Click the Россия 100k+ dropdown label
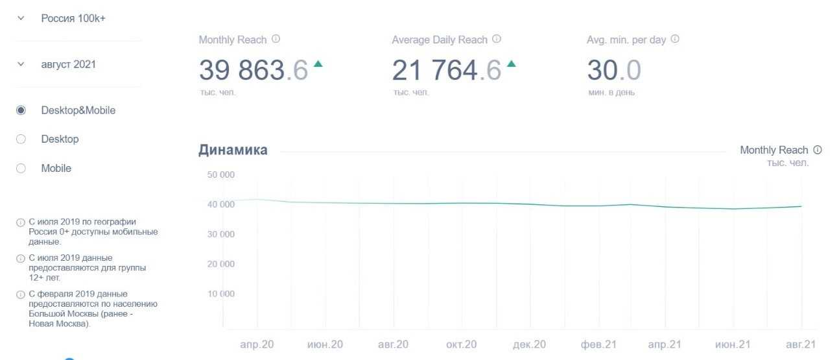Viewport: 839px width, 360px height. coord(73,18)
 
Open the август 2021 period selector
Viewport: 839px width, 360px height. coord(68,64)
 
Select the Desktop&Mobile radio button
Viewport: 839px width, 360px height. coord(21,110)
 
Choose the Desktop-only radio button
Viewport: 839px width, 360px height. coord(21,139)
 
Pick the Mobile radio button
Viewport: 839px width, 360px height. coord(21,168)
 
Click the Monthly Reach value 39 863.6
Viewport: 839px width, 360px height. coord(253,70)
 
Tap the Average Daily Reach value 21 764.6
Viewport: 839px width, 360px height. coord(446,70)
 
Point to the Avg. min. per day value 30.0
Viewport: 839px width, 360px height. coord(613,70)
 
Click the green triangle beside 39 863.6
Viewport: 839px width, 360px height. coord(318,64)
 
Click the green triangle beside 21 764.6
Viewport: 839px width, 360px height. coord(511,64)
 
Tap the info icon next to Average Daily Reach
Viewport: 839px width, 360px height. coord(497,39)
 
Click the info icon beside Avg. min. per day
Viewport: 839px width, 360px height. coord(675,39)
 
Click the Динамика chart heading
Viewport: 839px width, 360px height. coord(233,150)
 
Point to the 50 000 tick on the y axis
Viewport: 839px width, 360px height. coord(221,174)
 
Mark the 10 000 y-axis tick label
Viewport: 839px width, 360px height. coord(221,294)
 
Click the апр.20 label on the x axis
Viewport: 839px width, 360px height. coord(257,344)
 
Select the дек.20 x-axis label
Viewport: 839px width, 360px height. coord(530,344)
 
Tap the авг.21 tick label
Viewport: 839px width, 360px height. coord(801,344)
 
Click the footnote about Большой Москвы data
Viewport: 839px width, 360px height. coord(93,309)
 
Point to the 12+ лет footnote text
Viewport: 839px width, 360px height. coord(87,267)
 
